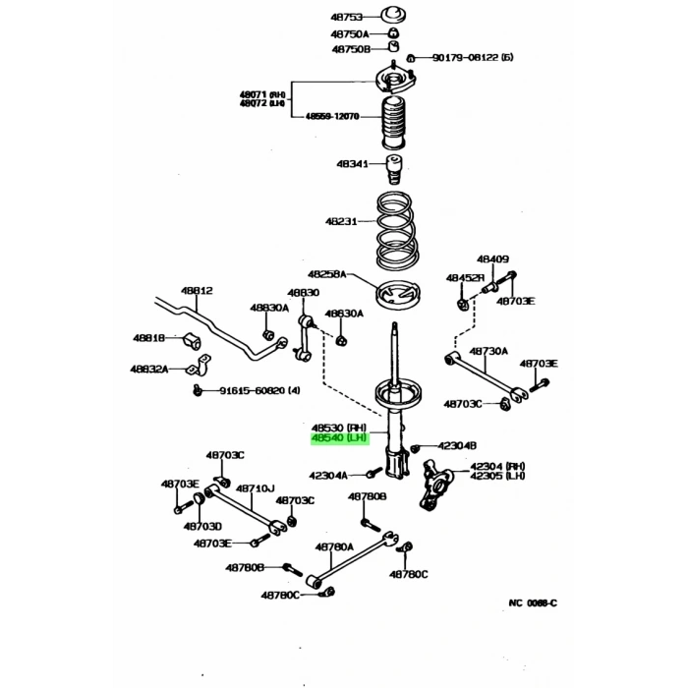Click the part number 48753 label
pos(351,18)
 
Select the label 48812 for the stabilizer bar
pos(197,291)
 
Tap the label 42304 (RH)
pos(497,466)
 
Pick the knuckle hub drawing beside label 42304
pos(436,485)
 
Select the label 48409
pos(493,259)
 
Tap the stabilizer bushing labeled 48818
pos(191,341)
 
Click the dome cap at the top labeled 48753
pos(394,16)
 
